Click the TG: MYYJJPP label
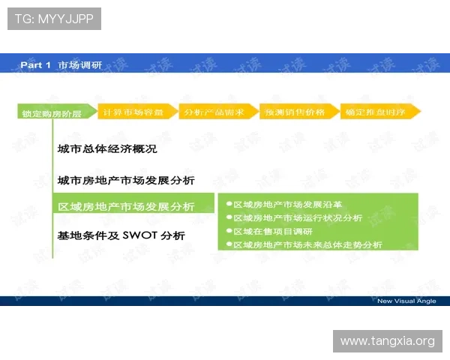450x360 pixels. point(53,19)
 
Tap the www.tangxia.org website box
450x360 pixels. point(387,341)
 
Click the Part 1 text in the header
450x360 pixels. point(35,65)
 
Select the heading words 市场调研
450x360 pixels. point(80,65)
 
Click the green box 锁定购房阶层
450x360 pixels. point(52,114)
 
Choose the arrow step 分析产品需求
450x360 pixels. point(214,111)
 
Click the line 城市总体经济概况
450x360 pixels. point(107,149)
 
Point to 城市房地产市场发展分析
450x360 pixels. point(126,180)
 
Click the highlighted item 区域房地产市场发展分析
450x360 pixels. point(126,206)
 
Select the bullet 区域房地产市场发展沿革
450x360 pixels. point(287,204)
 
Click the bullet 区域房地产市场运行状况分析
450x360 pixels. point(298,217)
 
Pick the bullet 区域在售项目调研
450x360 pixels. point(272,231)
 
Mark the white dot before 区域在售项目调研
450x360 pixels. point(229,231)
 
